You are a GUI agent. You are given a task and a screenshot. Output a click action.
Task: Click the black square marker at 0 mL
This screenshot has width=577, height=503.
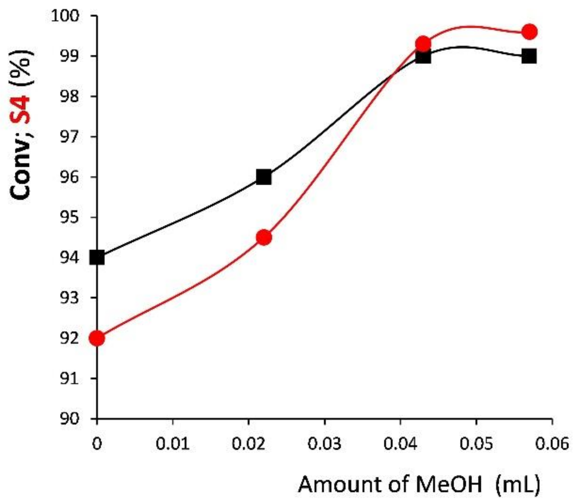click(x=97, y=257)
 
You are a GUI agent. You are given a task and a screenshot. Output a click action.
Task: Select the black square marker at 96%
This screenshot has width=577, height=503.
click(x=264, y=177)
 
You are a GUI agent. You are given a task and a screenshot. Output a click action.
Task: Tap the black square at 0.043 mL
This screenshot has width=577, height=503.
click(x=423, y=56)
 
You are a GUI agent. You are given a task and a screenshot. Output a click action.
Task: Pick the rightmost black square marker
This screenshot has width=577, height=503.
click(x=529, y=56)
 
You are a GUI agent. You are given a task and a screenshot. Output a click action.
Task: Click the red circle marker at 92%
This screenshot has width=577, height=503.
click(x=97, y=338)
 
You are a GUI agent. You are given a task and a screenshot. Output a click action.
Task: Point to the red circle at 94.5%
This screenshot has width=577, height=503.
click(x=264, y=237)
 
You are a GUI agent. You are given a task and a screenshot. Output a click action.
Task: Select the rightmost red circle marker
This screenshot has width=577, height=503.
click(x=529, y=32)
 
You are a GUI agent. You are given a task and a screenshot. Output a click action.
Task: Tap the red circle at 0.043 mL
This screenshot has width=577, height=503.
click(x=423, y=44)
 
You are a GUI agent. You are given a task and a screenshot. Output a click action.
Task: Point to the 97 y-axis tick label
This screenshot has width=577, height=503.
click(x=70, y=137)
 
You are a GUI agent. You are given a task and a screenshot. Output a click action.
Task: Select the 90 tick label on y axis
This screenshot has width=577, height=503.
click(x=70, y=419)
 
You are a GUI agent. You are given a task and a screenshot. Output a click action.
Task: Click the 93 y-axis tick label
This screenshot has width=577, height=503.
click(x=70, y=298)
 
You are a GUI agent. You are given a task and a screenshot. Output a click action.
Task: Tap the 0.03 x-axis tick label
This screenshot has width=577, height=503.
click(x=324, y=444)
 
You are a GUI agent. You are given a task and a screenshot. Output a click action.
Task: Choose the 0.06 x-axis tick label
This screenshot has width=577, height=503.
click(x=552, y=444)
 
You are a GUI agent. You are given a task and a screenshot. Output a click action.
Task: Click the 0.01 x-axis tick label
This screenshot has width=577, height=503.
click(x=173, y=444)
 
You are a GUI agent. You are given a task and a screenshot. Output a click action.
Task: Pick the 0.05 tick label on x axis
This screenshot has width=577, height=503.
click(x=476, y=444)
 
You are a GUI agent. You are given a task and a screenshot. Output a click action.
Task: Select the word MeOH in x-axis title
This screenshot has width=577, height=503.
click(x=448, y=484)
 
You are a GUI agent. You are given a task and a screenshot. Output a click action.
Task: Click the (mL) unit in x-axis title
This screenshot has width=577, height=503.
click(x=517, y=484)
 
